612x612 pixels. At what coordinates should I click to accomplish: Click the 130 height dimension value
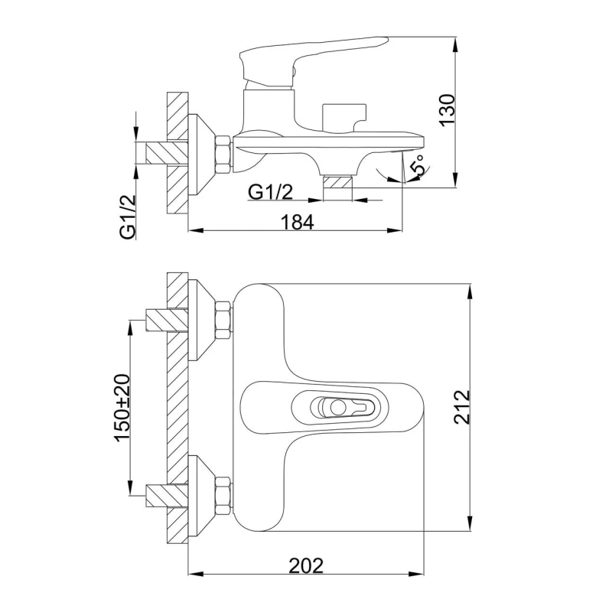pyautogui.click(x=448, y=110)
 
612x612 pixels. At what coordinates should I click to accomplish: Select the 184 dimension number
pyautogui.click(x=298, y=223)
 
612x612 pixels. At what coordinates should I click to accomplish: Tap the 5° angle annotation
pyautogui.click(x=417, y=165)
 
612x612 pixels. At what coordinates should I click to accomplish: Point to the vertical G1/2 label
pyautogui.click(x=128, y=216)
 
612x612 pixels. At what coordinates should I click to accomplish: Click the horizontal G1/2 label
pyautogui.click(x=270, y=192)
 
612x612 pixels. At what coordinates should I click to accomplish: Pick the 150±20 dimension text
pyautogui.click(x=122, y=408)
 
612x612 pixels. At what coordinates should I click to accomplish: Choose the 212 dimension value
pyautogui.click(x=462, y=407)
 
